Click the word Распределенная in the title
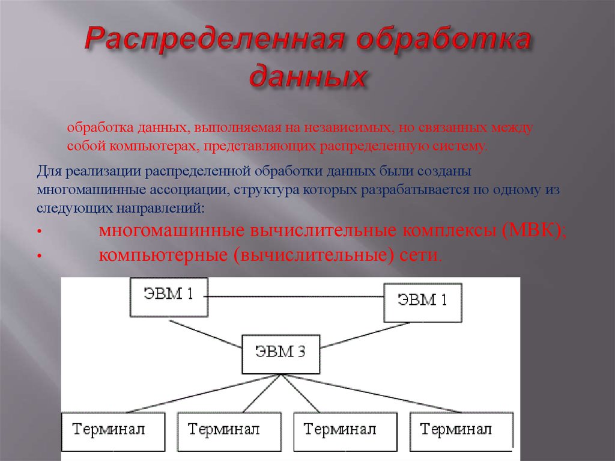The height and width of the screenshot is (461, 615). [214, 39]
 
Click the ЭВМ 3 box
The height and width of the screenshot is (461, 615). [281, 354]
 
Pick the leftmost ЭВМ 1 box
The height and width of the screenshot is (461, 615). [169, 297]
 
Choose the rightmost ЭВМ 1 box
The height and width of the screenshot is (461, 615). [422, 303]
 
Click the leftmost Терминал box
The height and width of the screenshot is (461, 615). [114, 432]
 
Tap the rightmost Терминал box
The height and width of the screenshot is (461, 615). [461, 432]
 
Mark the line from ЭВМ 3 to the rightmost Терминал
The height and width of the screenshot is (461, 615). [371, 394]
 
